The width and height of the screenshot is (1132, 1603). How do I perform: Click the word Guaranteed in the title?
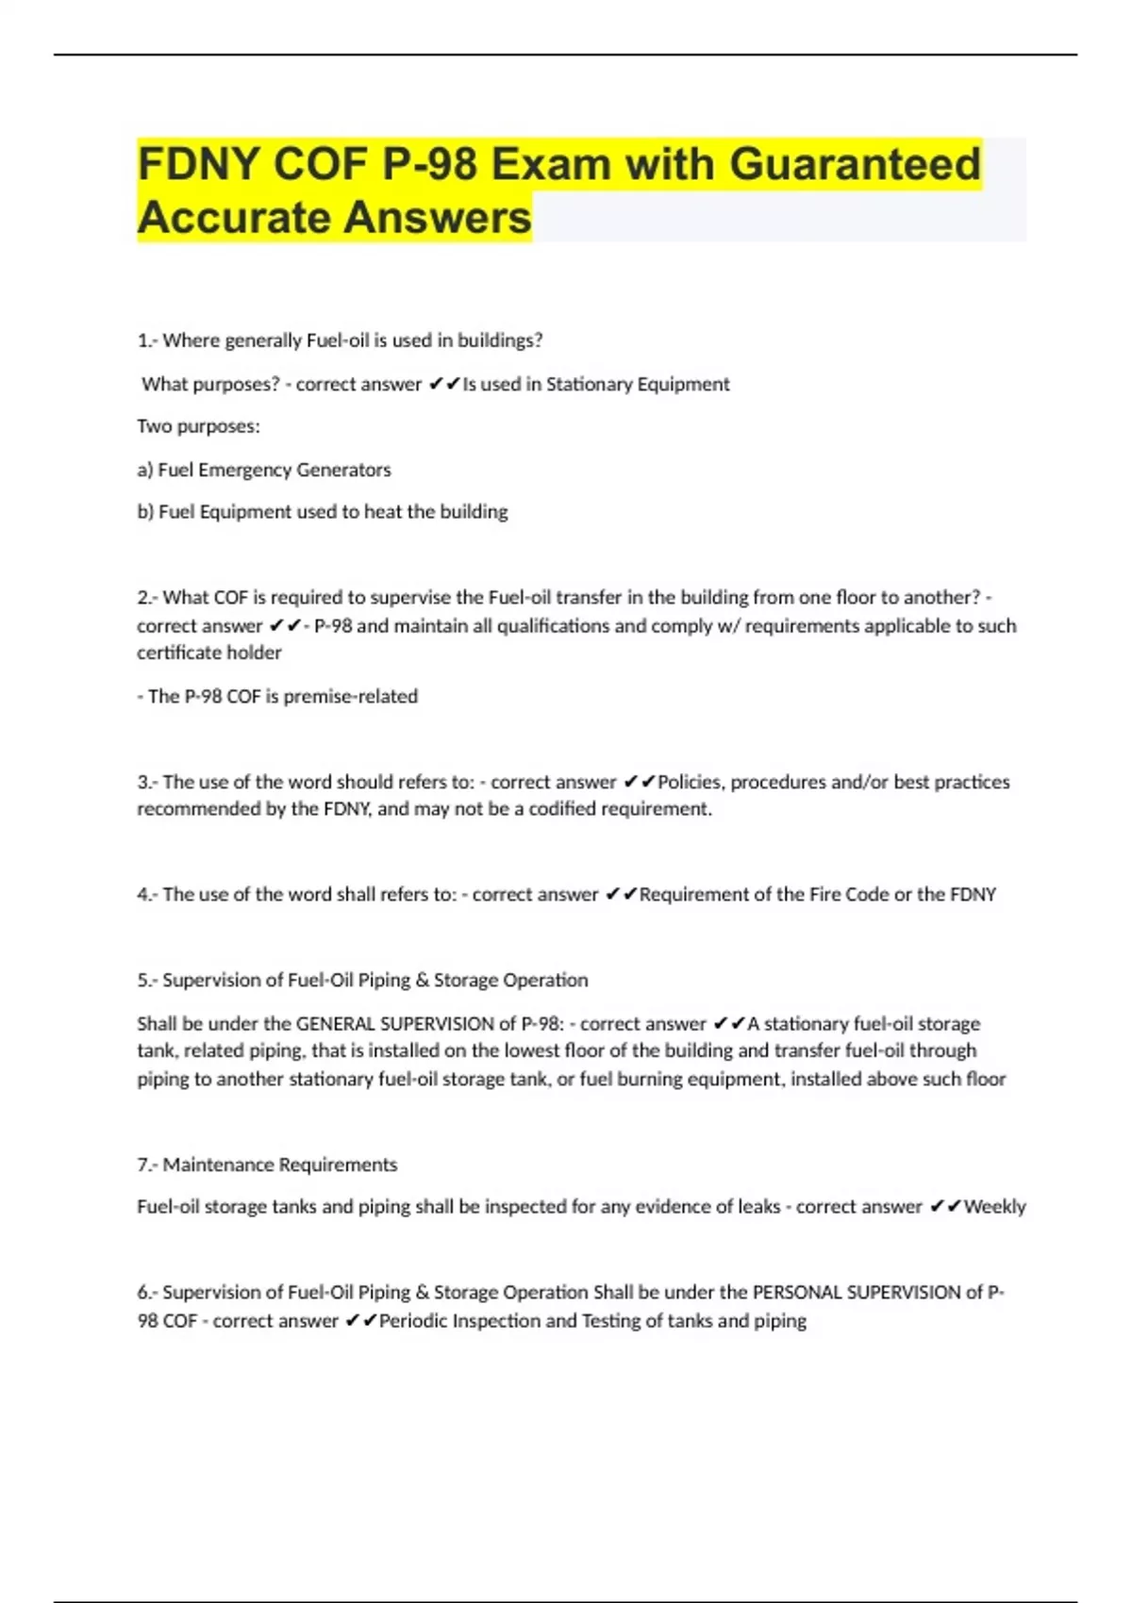click(855, 164)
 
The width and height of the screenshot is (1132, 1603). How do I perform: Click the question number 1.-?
click(147, 340)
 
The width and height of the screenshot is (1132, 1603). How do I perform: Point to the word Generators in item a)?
click(343, 470)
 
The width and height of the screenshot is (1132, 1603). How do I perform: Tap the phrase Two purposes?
click(198, 426)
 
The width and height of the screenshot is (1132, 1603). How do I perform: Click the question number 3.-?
click(147, 782)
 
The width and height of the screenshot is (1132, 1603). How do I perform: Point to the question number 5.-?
click(147, 980)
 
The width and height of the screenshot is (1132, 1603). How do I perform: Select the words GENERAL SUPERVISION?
click(406, 1023)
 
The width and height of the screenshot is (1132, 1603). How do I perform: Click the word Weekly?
click(994, 1206)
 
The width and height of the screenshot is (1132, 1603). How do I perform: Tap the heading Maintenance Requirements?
click(279, 1165)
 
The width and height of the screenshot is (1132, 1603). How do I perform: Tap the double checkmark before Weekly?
click(945, 1206)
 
